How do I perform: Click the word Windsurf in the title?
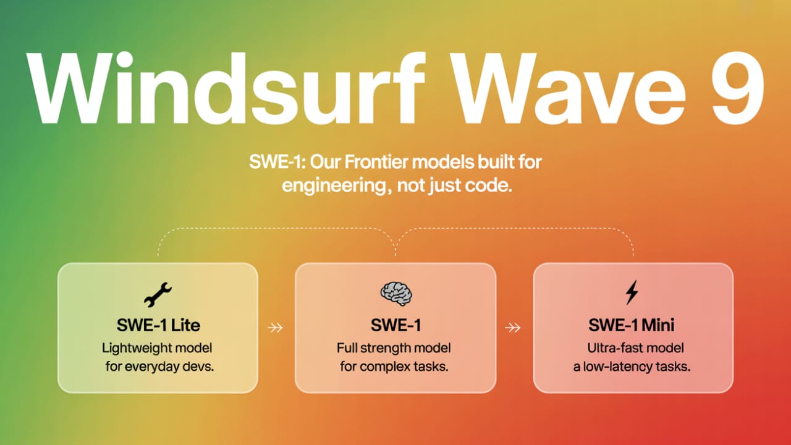(226, 88)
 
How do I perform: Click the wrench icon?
(158, 294)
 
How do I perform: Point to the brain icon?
(396, 294)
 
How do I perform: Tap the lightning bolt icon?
(632, 292)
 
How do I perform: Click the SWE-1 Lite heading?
(158, 325)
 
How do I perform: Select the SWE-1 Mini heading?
(631, 325)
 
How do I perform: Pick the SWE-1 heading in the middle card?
(396, 325)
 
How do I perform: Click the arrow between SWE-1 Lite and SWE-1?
(275, 328)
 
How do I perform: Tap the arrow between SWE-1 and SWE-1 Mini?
(512, 328)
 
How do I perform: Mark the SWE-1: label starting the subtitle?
(277, 162)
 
